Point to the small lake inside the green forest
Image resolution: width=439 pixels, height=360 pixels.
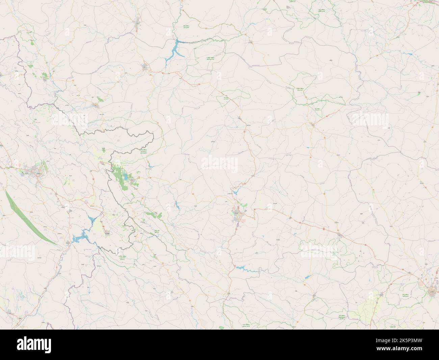[126, 176]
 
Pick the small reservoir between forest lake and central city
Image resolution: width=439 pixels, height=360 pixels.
[176, 204]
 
